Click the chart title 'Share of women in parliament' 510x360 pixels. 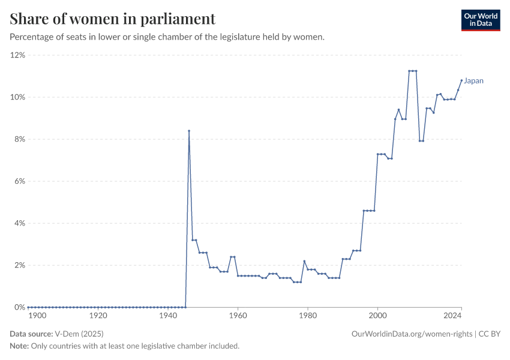click(113, 19)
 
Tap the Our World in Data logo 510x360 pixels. click(480, 20)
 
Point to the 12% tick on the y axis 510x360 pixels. click(17, 55)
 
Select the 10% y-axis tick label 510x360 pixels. click(17, 97)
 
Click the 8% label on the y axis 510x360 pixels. click(19, 139)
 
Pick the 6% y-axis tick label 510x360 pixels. click(19, 181)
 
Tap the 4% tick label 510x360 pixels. click(19, 223)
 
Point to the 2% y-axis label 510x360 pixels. click(19, 265)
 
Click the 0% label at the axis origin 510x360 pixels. click(19, 307)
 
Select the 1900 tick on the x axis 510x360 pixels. click(37, 315)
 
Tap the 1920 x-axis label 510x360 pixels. click(98, 315)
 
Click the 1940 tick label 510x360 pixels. click(168, 315)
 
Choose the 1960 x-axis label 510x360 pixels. click(238, 315)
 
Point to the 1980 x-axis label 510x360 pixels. click(308, 315)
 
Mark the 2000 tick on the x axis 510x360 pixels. click(377, 315)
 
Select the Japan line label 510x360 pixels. click(474, 81)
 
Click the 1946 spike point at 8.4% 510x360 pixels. click(189, 131)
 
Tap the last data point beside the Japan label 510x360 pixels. click(461, 80)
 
